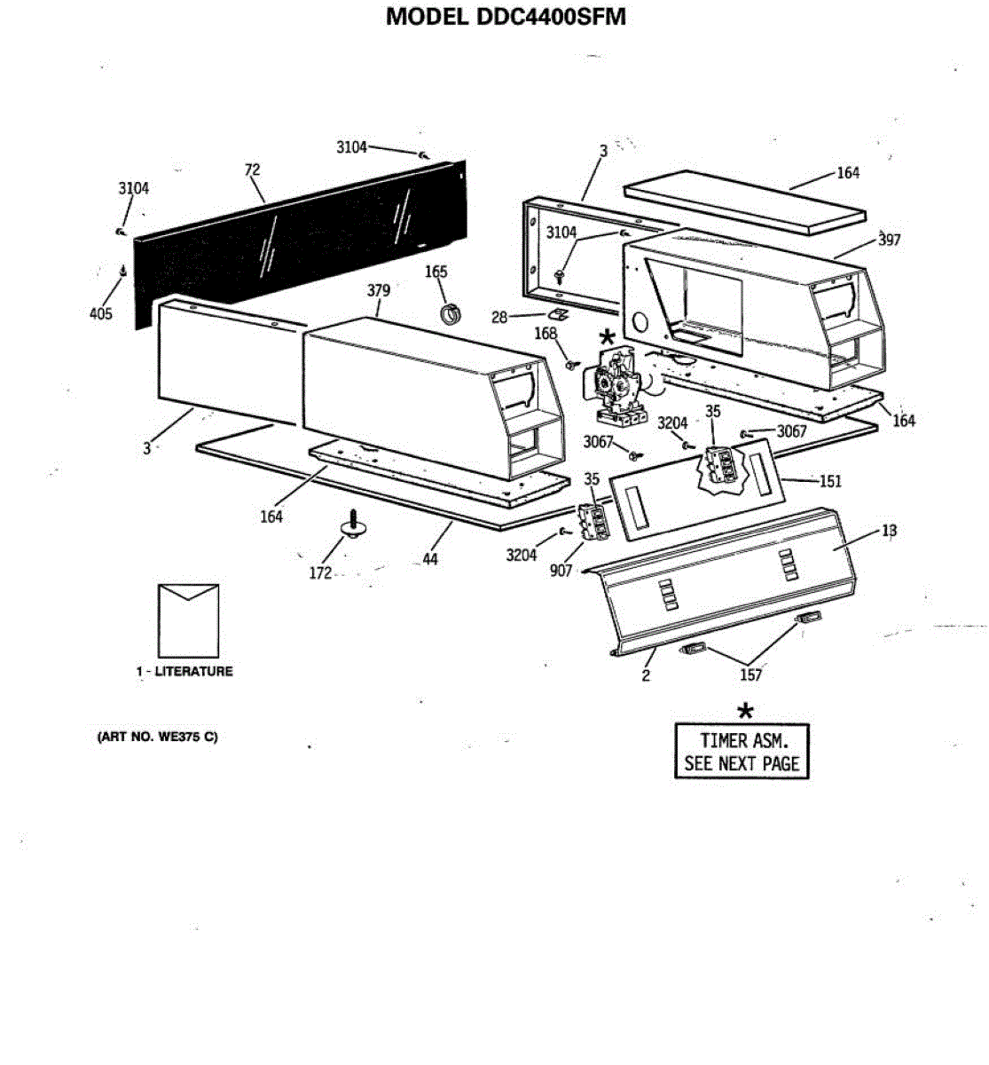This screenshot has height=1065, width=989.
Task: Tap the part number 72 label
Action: click(x=252, y=170)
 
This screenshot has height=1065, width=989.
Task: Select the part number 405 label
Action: click(x=101, y=313)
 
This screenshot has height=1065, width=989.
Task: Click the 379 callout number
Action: click(x=379, y=291)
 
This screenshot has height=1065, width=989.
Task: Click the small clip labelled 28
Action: click(x=558, y=314)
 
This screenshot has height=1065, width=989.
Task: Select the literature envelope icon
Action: click(x=188, y=619)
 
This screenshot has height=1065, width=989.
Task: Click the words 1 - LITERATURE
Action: click(x=184, y=672)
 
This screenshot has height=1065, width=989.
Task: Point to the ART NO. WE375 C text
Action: click(x=157, y=737)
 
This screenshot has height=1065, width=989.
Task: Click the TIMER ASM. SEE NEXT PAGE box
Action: click(x=742, y=752)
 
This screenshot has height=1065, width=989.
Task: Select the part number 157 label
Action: click(x=750, y=674)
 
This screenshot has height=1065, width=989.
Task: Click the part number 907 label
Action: click(x=561, y=571)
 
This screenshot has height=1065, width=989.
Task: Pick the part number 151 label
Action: click(x=830, y=481)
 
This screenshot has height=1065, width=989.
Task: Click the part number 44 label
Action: click(x=430, y=559)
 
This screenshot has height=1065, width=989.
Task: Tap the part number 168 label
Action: click(x=546, y=334)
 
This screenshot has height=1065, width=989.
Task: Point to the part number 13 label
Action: click(x=890, y=531)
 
